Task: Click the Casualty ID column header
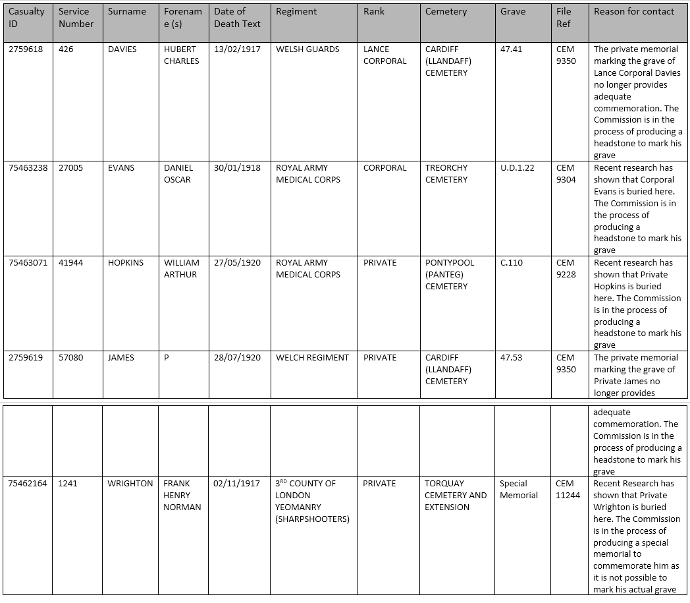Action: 26,18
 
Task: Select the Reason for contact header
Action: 633,12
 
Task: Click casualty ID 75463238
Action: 28,168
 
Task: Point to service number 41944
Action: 70,263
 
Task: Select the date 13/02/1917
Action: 237,49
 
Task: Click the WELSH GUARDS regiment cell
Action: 307,49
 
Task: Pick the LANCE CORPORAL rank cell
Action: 385,55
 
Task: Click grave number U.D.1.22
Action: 517,168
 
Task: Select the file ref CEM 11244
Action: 568,490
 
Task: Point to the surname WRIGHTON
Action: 130,484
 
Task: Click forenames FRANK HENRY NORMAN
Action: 182,496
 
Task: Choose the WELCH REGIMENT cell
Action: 312,358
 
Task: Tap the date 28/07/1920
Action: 237,358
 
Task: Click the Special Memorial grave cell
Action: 518,490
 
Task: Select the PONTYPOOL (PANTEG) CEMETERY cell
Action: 449,275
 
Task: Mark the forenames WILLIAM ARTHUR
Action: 181,269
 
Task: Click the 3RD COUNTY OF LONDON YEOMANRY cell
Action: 311,501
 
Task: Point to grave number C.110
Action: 512,263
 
